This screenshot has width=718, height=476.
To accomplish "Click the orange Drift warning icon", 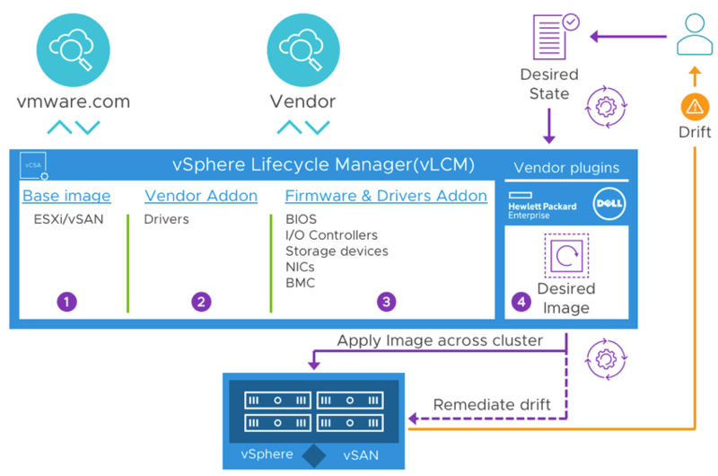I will (x=696, y=107).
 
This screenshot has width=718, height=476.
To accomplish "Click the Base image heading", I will (x=66, y=196).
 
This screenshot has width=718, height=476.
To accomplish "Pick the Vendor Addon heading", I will (x=201, y=196).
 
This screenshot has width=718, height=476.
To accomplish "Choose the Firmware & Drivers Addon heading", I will (x=386, y=196).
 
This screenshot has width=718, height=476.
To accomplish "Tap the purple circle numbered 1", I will (x=66, y=302).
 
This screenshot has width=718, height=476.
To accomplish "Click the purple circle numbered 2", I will (x=201, y=302).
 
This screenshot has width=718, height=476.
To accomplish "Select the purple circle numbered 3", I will (x=386, y=302).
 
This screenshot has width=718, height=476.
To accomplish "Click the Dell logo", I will (x=609, y=204).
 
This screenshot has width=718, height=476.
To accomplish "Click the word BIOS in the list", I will (x=301, y=219).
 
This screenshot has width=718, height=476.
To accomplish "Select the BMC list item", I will (x=301, y=283).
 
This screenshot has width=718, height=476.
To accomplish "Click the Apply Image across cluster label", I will (x=440, y=340).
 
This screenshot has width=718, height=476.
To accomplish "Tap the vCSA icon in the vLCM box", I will (x=33, y=164).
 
